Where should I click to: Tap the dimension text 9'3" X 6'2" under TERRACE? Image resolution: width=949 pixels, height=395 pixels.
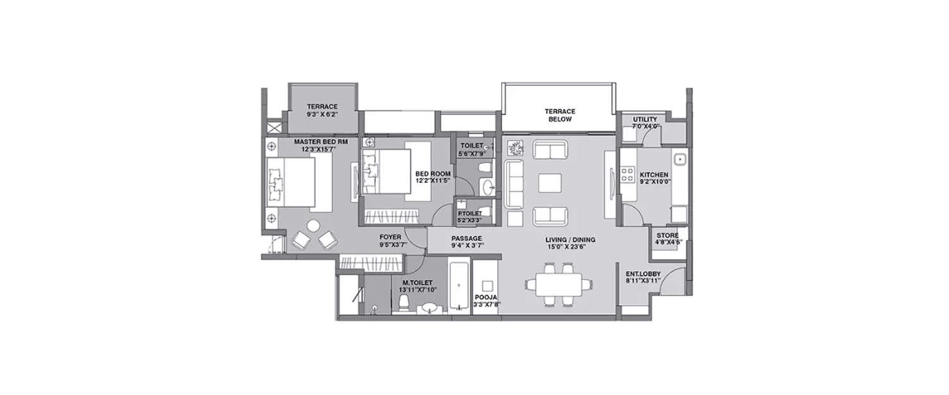pyautogui.click(x=322, y=115)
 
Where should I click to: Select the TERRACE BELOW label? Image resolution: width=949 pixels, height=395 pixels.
pyautogui.click(x=559, y=114)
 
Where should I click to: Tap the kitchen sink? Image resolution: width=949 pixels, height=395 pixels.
pyautogui.click(x=681, y=160)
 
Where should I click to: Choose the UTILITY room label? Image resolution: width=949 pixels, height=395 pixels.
pyautogui.click(x=645, y=119)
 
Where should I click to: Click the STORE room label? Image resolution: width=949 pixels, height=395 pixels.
pyautogui.click(x=667, y=236)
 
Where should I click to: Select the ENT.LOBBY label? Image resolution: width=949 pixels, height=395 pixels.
pyautogui.click(x=643, y=274)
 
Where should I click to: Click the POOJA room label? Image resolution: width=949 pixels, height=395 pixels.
pyautogui.click(x=486, y=296)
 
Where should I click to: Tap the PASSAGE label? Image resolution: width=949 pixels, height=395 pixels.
pyautogui.click(x=467, y=239)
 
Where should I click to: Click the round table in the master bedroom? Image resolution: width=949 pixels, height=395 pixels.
pyautogui.click(x=314, y=226)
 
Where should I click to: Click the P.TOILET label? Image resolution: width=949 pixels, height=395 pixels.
pyautogui.click(x=469, y=213)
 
